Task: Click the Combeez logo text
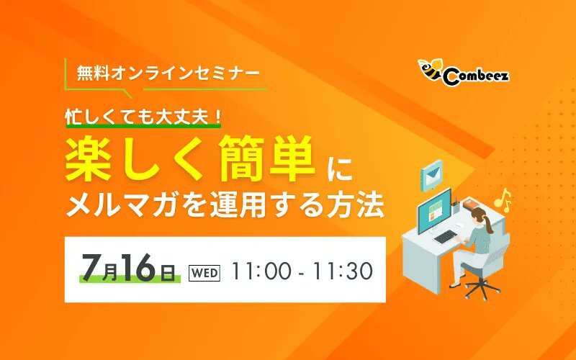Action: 476,76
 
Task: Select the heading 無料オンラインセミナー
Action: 168,73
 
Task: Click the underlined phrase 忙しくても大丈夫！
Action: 143,117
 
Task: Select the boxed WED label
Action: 204,274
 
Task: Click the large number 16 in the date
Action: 138,267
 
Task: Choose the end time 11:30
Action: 343,272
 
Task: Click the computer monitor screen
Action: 435,211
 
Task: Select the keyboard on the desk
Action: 445,237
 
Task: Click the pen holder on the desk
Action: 456,207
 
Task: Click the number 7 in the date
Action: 91,267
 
